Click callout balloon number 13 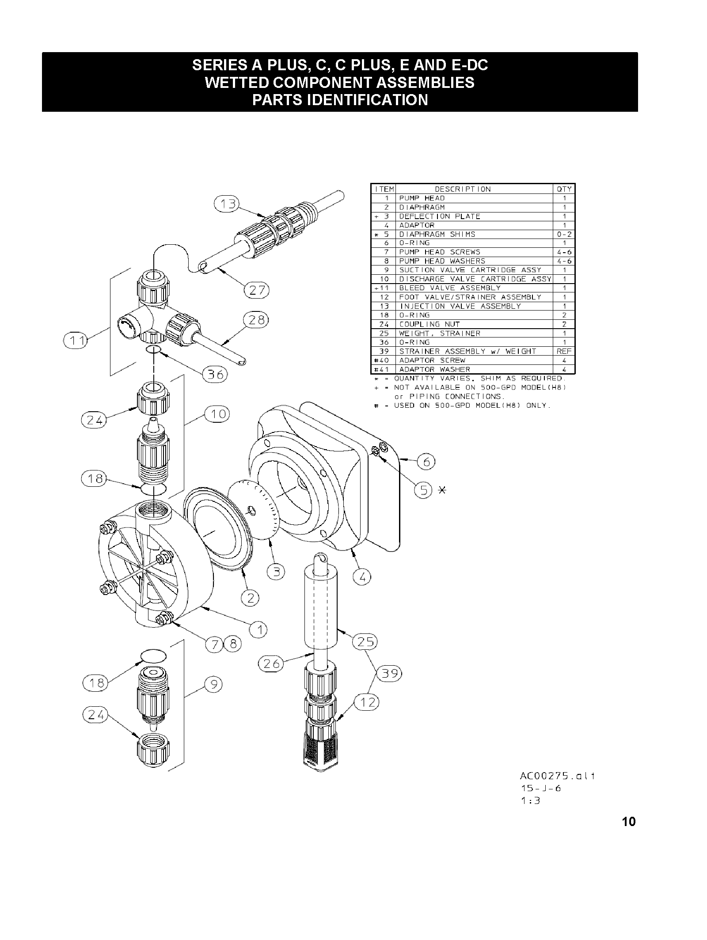click(226, 205)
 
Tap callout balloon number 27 click(257, 290)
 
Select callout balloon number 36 click(215, 375)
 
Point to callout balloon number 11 click(76, 341)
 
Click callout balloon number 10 click(217, 414)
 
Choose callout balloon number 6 click(427, 462)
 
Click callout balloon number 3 click(276, 572)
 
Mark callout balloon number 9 click(214, 685)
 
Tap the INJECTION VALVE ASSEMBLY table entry click(460, 306)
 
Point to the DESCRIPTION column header click(463, 189)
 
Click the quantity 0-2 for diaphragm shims click(564, 235)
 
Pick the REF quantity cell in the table click(564, 351)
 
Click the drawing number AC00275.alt click(557, 776)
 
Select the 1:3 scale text click(530, 800)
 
